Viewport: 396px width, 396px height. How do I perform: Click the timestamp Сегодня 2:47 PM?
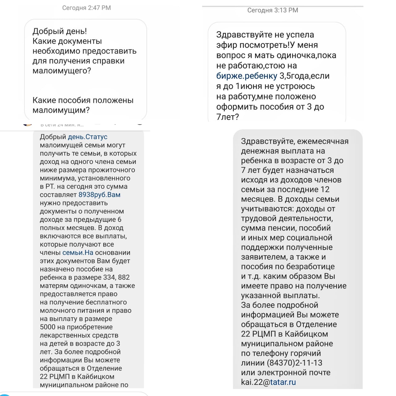pyautogui.click(x=86, y=8)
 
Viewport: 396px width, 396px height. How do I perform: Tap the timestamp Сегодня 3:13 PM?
pyautogui.click(x=273, y=10)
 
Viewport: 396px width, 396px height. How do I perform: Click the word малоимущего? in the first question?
pyautogui.click(x=62, y=71)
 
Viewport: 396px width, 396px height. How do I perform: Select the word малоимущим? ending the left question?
pyautogui.click(x=61, y=110)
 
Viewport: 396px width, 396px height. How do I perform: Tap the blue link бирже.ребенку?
pyautogui.click(x=247, y=76)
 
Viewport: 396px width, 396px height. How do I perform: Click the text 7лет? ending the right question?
pyautogui.click(x=228, y=117)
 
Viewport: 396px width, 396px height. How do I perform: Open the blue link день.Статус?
pyautogui.click(x=88, y=137)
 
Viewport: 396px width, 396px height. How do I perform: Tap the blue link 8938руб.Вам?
pyautogui.click(x=99, y=195)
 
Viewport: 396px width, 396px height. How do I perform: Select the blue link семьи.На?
pyautogui.click(x=78, y=253)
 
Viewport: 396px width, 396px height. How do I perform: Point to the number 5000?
pyautogui.click(x=48, y=327)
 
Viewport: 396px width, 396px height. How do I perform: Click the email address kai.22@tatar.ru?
pyautogui.click(x=268, y=382)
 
